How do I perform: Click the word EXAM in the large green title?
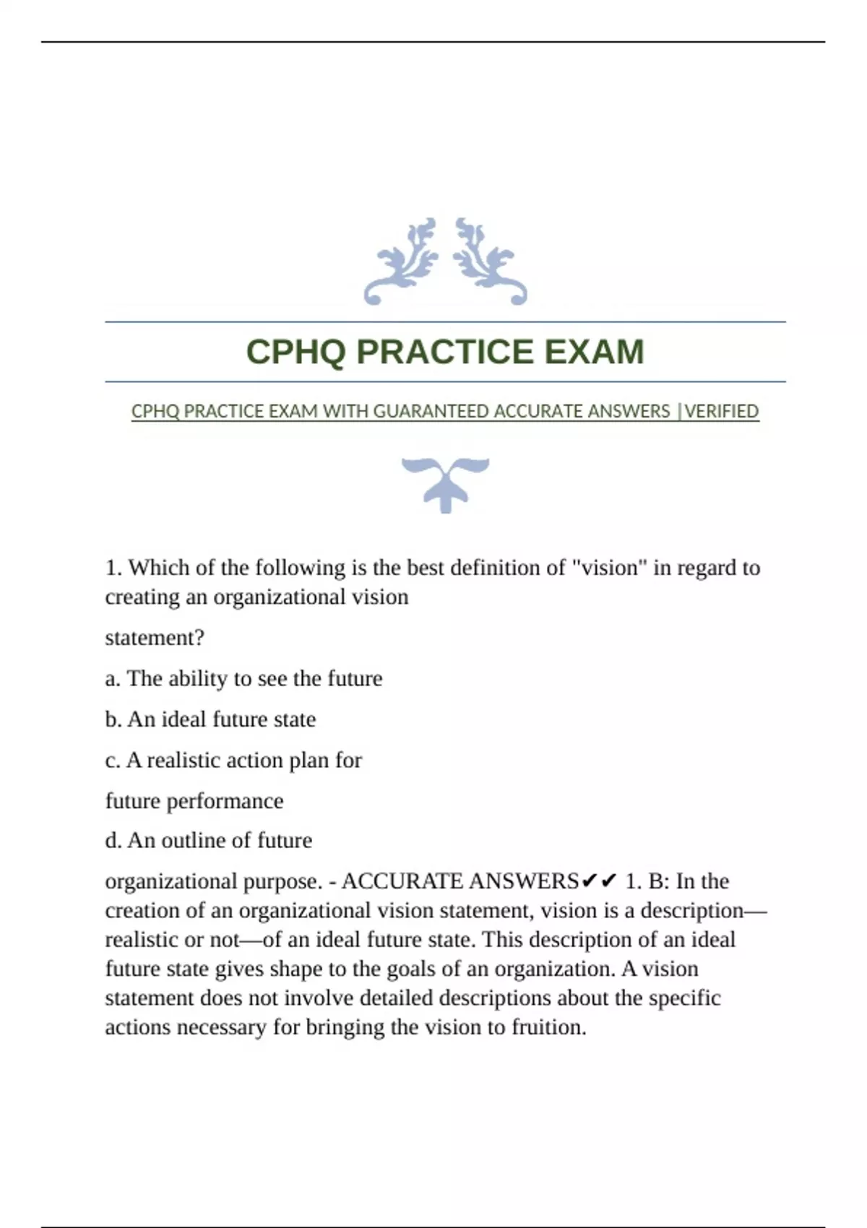tap(593, 352)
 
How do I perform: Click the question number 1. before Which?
tap(113, 568)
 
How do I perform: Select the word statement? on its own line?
tap(155, 638)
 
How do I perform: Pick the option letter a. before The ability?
tap(113, 678)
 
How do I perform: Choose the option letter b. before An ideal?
tap(113, 719)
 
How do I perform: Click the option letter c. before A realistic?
tap(113, 760)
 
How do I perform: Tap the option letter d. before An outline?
tap(113, 840)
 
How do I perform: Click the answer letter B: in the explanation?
tap(658, 881)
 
